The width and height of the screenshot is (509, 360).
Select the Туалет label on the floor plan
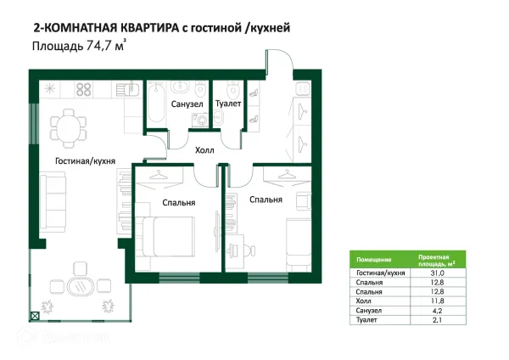[x=228, y=104]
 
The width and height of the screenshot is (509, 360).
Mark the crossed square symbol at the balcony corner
[x=35, y=316]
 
